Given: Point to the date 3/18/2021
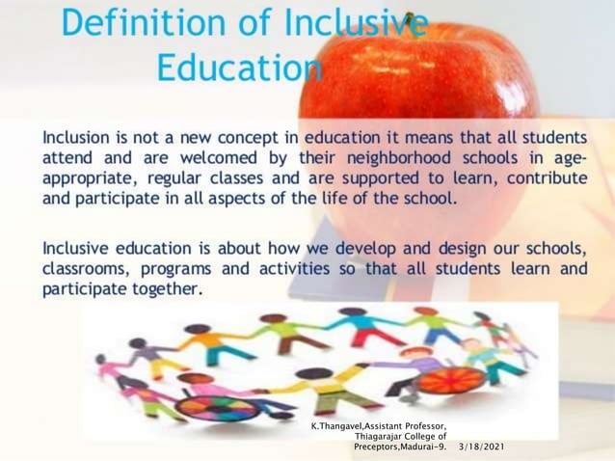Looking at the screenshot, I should (482, 448).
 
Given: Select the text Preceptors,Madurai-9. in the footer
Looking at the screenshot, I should (401, 448).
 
